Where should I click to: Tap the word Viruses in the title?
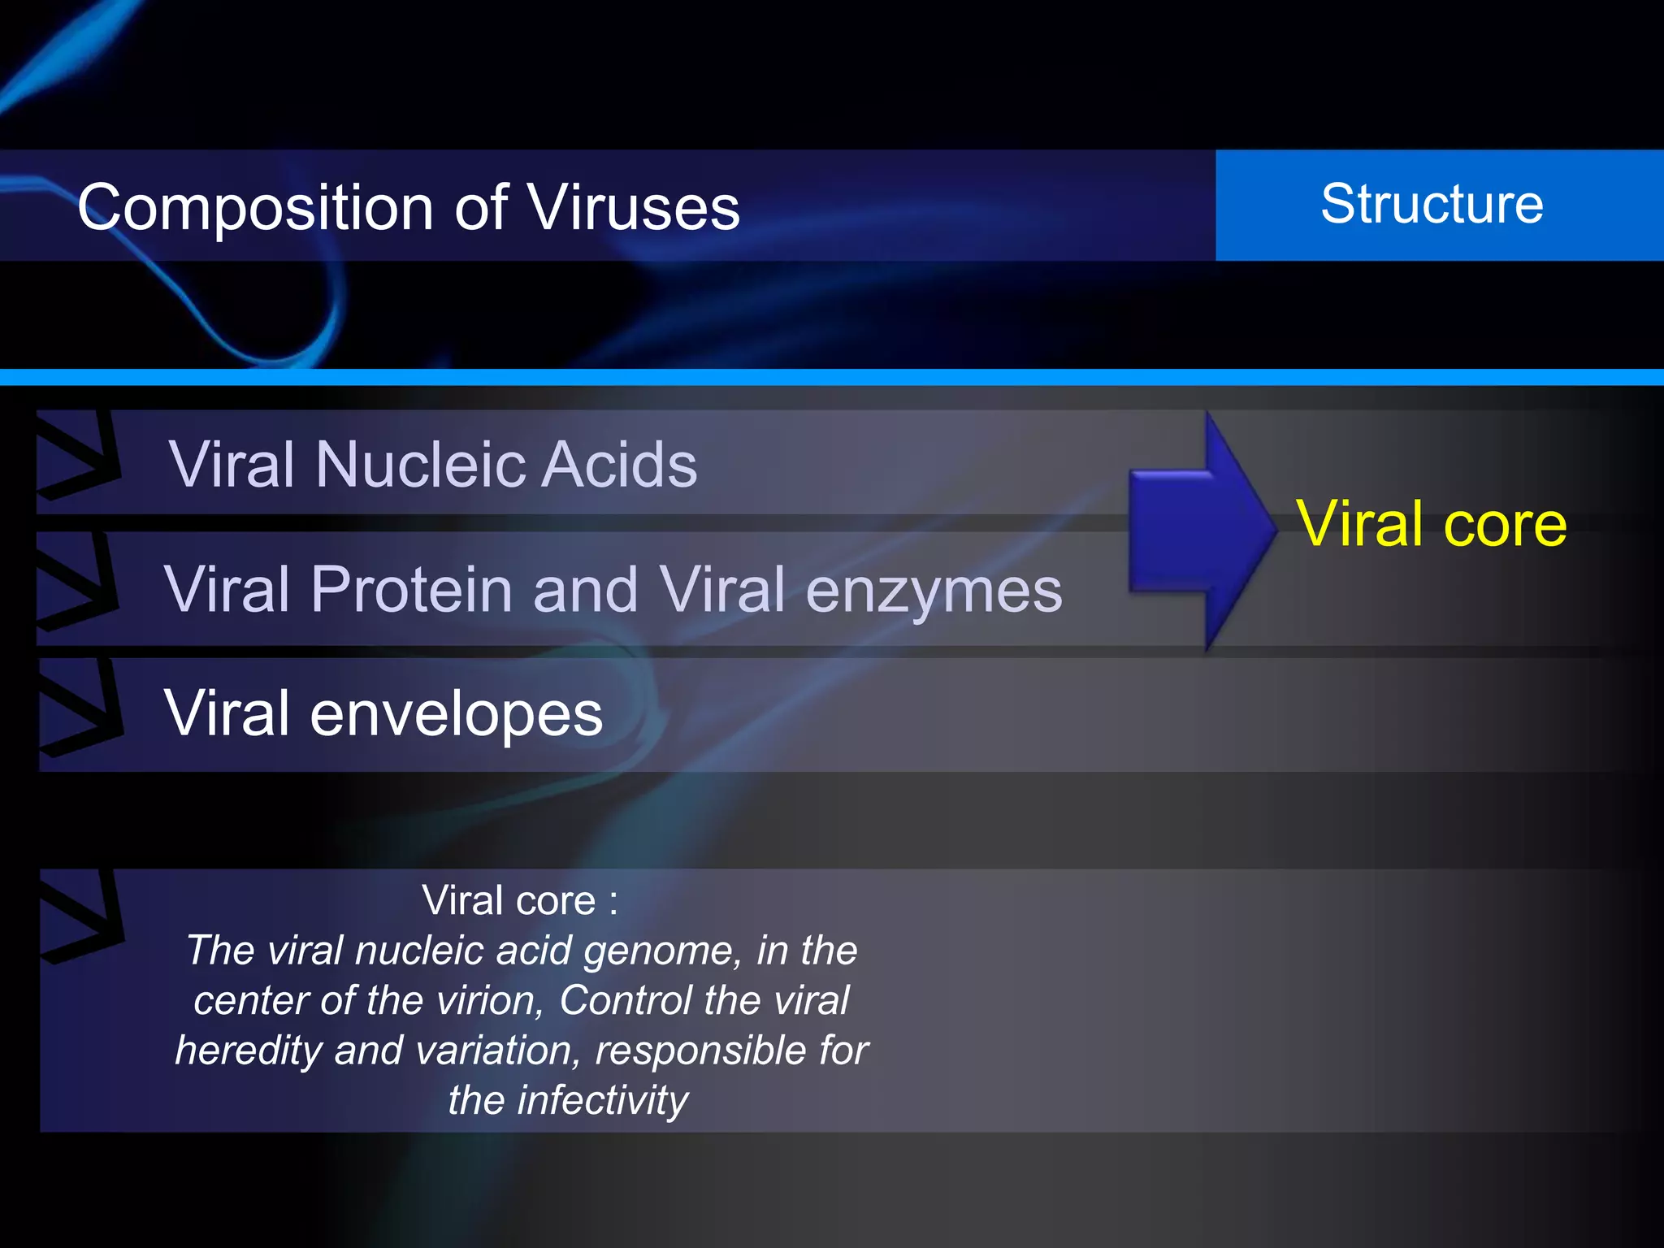coord(634,207)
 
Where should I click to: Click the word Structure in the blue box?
coord(1432,204)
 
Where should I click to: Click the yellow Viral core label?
coord(1431,524)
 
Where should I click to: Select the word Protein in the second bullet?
coord(410,589)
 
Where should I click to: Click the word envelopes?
coord(456,713)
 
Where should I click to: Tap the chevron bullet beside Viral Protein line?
coord(76,581)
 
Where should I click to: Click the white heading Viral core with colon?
coord(520,900)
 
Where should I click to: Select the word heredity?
coord(249,1051)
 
